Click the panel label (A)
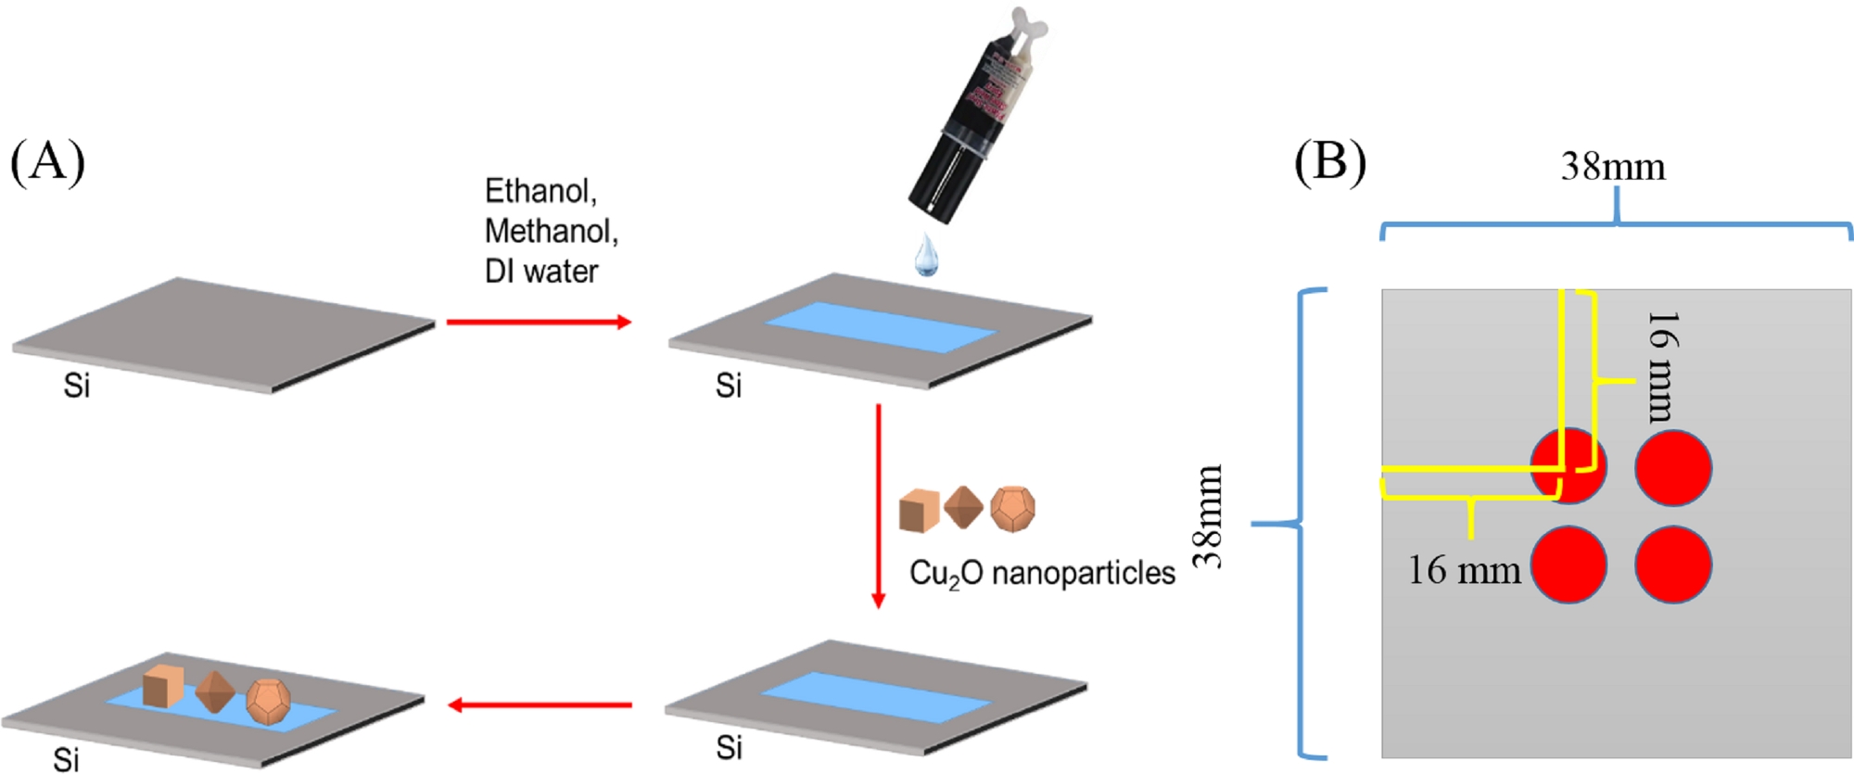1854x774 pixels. (47, 161)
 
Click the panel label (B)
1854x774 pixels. (1329, 161)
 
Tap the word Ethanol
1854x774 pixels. (540, 191)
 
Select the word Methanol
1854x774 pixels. (551, 231)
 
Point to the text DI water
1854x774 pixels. (541, 272)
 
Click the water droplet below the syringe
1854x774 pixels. (926, 255)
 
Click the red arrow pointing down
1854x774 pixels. (878, 505)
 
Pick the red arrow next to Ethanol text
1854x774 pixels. (539, 322)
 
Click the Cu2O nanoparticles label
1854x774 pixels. (1041, 574)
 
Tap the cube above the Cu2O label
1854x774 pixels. (919, 510)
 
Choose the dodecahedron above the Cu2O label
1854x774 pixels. (1012, 508)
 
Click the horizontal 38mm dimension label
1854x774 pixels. (1613, 167)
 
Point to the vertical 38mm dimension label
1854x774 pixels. (1208, 515)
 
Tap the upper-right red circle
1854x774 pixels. (1673, 468)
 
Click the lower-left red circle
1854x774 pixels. (1568, 565)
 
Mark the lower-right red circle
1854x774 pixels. (1673, 565)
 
